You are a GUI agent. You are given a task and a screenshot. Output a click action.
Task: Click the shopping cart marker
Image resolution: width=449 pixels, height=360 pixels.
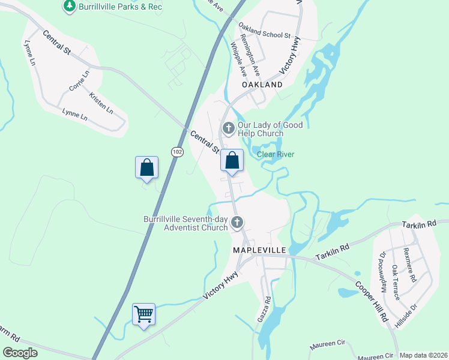144,314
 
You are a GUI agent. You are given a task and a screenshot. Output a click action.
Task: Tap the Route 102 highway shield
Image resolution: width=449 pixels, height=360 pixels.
176,152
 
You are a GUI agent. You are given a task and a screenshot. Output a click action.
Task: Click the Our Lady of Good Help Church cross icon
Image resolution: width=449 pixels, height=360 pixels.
228,128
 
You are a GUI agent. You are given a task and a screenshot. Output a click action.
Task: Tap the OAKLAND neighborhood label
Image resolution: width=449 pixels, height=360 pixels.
262,85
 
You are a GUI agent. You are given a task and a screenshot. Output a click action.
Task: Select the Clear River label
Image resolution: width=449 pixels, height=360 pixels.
276,154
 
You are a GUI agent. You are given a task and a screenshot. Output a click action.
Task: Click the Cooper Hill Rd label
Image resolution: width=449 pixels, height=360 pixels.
370,302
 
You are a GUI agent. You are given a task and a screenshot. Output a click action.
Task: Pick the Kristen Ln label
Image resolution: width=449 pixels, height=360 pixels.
101,103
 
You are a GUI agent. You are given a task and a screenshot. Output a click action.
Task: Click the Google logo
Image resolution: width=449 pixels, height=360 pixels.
20,353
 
